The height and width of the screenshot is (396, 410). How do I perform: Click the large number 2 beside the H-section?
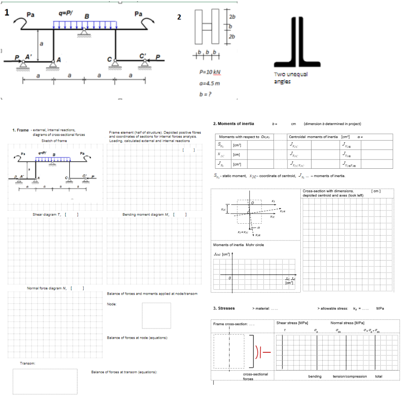[x=179, y=17]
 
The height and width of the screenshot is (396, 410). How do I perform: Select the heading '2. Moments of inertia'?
[x=233, y=123]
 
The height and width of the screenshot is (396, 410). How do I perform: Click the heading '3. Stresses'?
[x=224, y=308]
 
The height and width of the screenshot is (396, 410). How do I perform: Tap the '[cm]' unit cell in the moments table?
[x=237, y=154]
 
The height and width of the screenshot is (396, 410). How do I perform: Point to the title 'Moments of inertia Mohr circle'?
[x=239, y=244]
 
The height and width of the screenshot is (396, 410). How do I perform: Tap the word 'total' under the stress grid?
[x=378, y=376]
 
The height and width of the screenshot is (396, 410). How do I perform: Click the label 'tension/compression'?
[x=350, y=376]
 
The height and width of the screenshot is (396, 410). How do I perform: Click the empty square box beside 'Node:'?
[x=156, y=315]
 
